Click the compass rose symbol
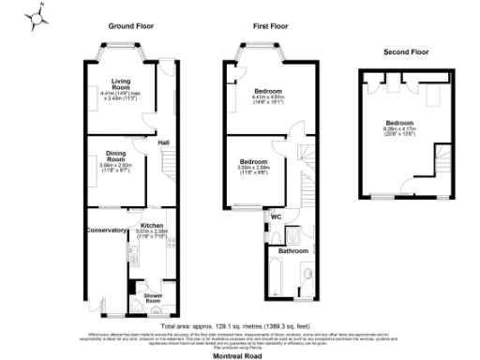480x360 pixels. [37, 17]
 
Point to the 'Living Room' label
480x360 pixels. [121, 82]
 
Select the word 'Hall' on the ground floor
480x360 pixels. [162, 142]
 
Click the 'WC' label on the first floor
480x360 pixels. [276, 217]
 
